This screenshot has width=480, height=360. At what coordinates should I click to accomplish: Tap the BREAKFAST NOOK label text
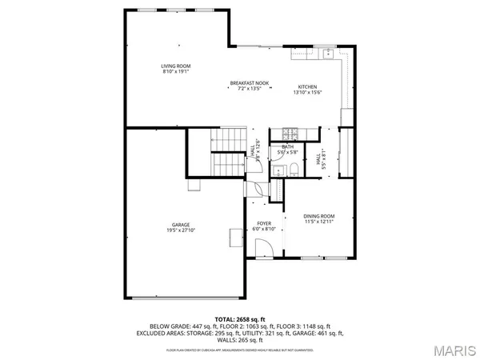249,82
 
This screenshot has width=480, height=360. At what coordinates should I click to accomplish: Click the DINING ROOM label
318,216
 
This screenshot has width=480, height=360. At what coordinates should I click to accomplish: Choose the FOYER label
264,223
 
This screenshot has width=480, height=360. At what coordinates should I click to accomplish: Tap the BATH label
287,146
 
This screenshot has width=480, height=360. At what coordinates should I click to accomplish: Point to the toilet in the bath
293,168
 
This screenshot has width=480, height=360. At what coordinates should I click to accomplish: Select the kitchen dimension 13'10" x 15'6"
308,93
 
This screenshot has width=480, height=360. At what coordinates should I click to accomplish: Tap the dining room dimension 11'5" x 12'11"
318,222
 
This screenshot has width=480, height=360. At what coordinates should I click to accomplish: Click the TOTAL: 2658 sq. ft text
240,318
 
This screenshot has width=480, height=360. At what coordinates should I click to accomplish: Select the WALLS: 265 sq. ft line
240,338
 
